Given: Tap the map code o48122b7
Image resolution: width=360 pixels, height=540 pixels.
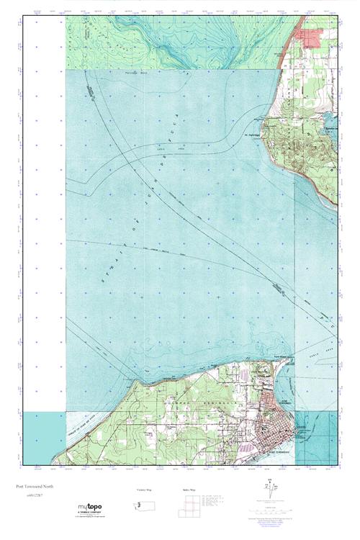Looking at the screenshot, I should tap(34, 497).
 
